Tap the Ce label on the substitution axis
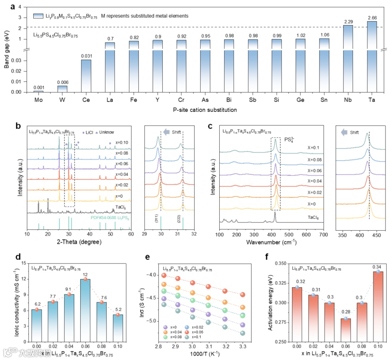[x=86, y=99]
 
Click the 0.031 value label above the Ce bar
[x=86, y=56]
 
